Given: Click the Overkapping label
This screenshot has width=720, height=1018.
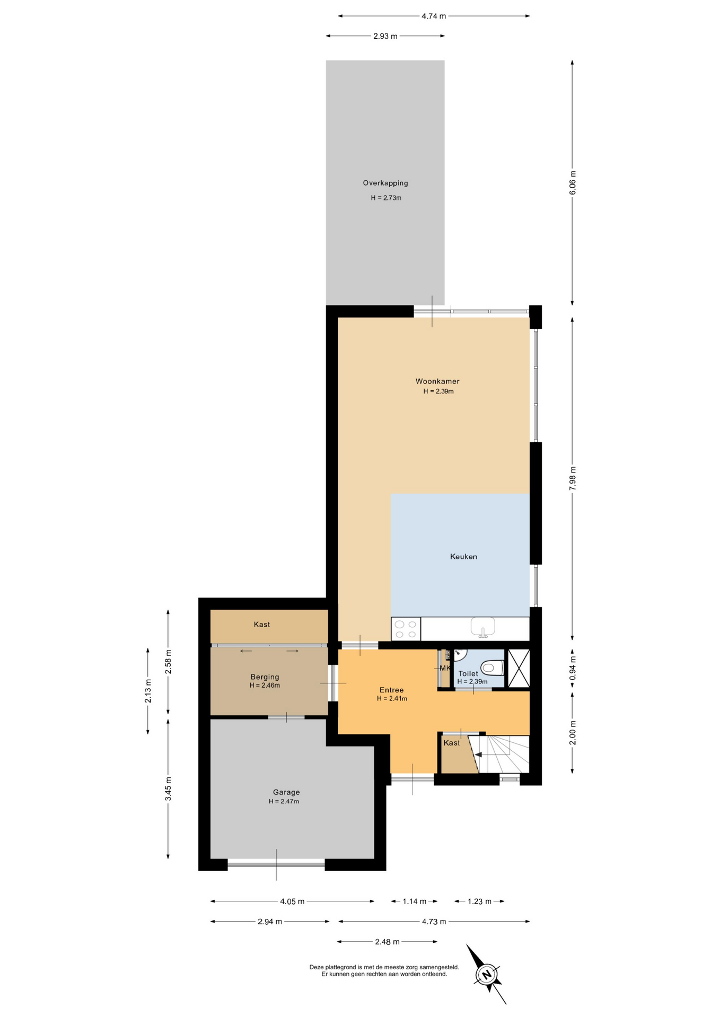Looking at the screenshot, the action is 385,183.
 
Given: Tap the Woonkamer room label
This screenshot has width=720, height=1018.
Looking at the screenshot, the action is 437,381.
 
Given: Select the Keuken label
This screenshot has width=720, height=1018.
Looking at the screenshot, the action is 463,557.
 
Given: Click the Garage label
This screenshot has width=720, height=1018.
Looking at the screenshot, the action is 286,792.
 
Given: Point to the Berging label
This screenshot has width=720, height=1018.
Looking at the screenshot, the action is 265,677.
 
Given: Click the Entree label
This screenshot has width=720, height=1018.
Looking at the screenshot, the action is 392,690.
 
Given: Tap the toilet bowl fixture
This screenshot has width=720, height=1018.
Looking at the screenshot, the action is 492,667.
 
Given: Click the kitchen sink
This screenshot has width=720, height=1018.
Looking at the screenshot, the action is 482,627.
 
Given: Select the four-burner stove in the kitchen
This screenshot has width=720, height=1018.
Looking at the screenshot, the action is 406,629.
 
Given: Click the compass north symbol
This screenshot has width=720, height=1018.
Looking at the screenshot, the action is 486,974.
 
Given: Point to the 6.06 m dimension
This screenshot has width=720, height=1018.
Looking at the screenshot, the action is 573,182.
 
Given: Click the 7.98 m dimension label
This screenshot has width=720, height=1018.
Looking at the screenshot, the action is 573,478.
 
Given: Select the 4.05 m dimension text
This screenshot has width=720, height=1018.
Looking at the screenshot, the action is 292,901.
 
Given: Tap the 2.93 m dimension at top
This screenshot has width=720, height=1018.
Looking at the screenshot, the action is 385,36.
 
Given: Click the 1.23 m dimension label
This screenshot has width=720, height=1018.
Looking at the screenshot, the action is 479,901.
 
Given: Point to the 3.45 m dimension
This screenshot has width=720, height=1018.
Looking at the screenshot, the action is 168,789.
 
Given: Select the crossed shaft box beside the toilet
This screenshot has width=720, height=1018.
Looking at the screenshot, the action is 519,668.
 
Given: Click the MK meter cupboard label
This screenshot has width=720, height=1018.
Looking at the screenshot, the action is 445,668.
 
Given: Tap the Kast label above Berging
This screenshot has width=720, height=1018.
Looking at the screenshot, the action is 262,625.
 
